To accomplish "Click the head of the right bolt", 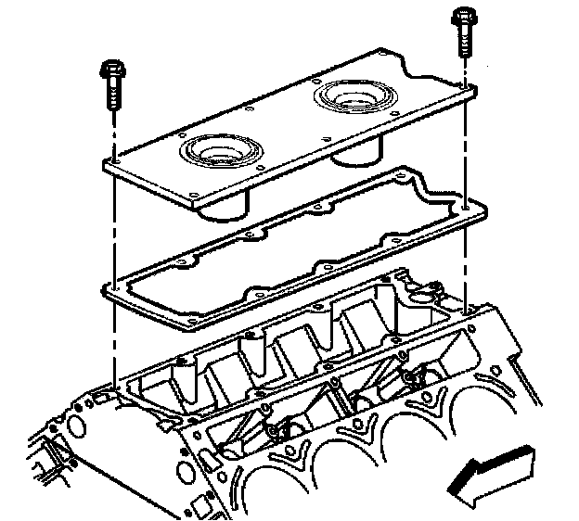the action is tap(462, 18).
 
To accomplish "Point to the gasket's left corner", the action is tap(106, 290).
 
